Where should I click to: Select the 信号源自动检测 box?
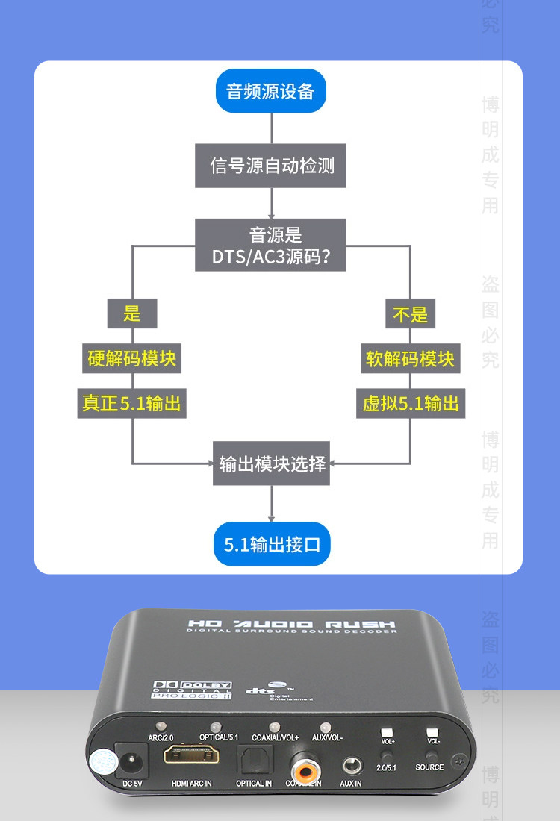[271, 166]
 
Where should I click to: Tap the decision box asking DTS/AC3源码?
[271, 246]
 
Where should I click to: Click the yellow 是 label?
[132, 313]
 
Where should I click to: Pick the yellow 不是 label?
[410, 313]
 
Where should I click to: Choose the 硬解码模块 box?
[132, 359]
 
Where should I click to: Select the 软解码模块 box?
[410, 359]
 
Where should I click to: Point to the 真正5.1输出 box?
[132, 404]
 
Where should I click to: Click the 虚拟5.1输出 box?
[410, 404]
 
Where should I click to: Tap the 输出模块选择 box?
[272, 463]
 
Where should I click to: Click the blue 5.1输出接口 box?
[272, 544]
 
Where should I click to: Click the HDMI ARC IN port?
[191, 756]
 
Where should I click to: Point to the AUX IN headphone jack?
[350, 764]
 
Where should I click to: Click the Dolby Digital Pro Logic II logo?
[192, 689]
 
